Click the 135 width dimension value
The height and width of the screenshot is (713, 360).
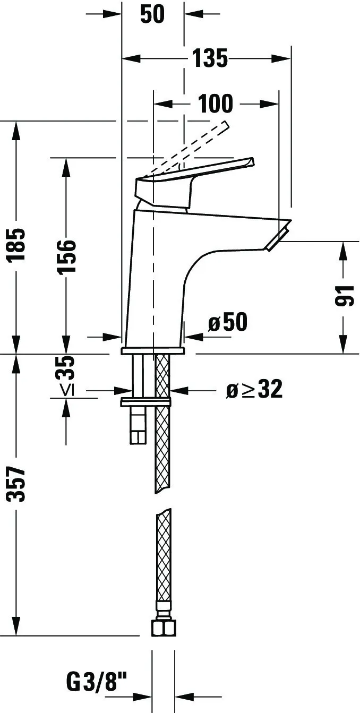tap(210, 58)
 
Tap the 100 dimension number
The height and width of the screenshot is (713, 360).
tap(216, 104)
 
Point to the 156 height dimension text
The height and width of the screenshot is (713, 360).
tap(66, 256)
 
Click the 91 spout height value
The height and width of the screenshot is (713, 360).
tap(345, 295)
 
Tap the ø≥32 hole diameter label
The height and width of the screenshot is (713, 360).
tap(254, 390)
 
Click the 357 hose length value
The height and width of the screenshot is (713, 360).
tap(18, 484)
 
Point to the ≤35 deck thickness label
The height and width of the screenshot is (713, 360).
tap(66, 375)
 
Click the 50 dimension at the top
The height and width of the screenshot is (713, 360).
tap(152, 14)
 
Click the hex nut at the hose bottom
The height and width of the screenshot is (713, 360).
tap(163, 628)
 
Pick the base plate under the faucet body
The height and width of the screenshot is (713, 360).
tap(152, 351)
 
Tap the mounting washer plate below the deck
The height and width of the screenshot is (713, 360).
tap(145, 402)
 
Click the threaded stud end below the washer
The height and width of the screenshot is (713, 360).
tap(138, 432)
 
